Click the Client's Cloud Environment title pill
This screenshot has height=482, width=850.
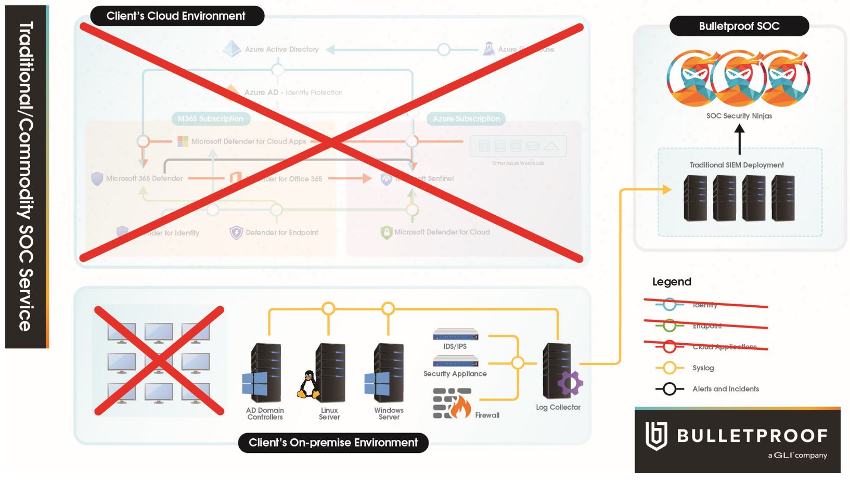[176, 16]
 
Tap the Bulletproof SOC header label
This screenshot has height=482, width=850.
[739, 26]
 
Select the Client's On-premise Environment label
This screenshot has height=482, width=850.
[333, 442]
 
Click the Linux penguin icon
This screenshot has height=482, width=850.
[309, 385]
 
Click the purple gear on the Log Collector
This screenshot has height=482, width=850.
[570, 383]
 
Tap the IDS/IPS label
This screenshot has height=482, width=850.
[455, 346]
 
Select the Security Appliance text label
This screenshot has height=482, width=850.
[455, 373]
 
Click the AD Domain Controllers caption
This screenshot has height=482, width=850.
[265, 413]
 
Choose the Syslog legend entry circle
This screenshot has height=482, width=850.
[669, 368]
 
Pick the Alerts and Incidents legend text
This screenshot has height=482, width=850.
[725, 389]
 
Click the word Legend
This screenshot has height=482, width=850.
[672, 282]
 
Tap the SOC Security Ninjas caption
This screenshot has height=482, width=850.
[739, 116]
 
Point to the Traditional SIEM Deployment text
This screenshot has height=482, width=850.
[737, 165]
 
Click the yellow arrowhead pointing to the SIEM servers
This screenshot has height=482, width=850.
[666, 190]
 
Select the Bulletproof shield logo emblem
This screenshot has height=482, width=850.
[656, 436]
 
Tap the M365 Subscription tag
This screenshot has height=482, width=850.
[210, 119]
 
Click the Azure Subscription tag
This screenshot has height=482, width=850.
[466, 119]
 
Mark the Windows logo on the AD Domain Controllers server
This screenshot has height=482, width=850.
[255, 384]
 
